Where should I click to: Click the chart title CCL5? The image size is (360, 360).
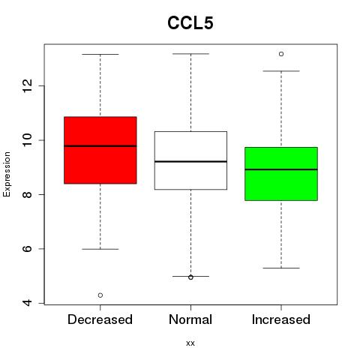(x=190, y=23)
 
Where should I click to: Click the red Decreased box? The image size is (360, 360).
(x=100, y=150)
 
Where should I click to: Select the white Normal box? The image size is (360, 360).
(x=190, y=160)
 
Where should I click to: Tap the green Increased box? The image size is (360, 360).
(x=281, y=174)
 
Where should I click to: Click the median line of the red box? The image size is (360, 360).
(x=100, y=145)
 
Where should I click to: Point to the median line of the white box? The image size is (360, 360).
(x=190, y=161)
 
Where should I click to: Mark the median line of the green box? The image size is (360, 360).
(x=281, y=169)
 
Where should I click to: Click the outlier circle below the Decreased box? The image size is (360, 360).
(x=100, y=295)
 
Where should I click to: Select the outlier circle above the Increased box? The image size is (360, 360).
(x=281, y=54)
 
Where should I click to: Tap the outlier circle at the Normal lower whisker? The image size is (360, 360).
(x=190, y=277)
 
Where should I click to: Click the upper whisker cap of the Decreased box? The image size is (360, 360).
(x=100, y=54)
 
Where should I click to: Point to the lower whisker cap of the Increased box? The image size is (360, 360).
(x=281, y=268)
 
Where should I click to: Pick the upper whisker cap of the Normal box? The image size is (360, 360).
(x=190, y=54)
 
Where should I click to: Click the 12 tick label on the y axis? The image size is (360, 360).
(x=28, y=85)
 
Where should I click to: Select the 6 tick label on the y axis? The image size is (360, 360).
(x=28, y=249)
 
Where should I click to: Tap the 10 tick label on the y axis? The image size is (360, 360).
(x=28, y=140)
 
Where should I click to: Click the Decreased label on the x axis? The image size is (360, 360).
(x=100, y=319)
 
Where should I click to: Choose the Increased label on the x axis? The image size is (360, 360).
(x=281, y=319)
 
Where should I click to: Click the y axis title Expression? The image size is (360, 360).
(x=7, y=174)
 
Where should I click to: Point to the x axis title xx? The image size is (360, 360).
(x=190, y=343)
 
